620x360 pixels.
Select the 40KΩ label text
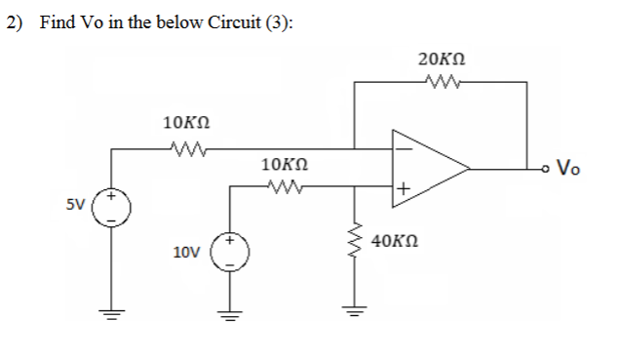[396, 240]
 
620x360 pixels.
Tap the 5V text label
[76, 207]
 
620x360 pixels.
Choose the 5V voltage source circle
[111, 210]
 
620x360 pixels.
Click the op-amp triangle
[429, 168]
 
